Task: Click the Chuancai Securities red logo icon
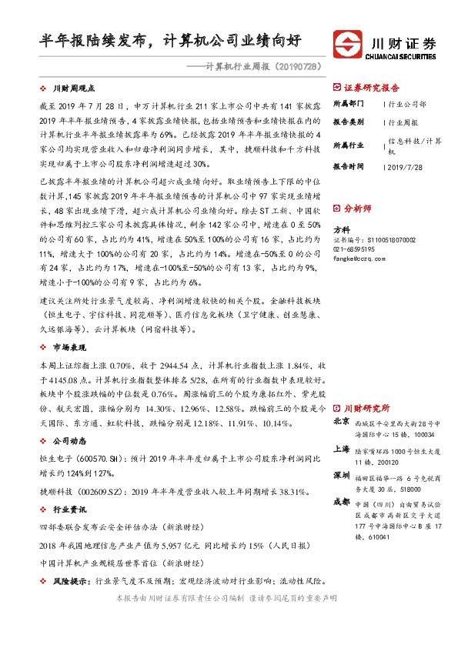(347, 42)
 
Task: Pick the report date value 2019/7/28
(406, 165)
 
